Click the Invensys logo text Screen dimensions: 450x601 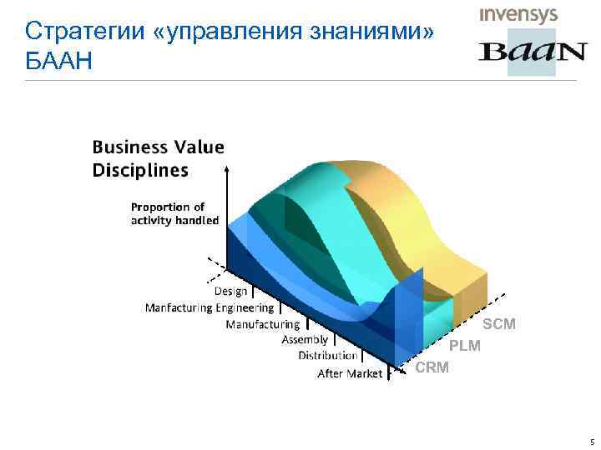518,16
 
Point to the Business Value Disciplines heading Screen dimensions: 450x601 158,158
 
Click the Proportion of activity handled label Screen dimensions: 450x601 174,213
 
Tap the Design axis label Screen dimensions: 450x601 230,291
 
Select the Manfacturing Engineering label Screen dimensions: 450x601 210,307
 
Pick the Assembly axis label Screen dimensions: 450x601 305,340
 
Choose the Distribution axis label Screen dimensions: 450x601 327,356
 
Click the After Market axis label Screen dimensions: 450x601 350,373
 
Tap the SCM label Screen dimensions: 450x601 499,323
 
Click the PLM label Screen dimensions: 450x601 465,345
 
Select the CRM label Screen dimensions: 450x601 432,367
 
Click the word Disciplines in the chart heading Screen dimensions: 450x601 140,170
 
